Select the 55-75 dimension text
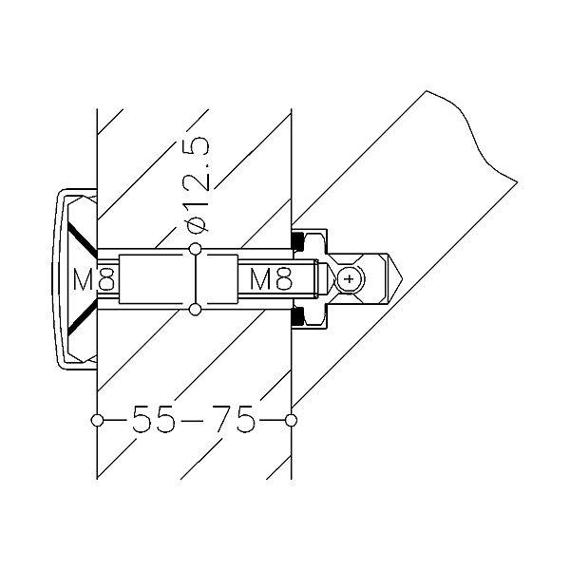tap(194, 419)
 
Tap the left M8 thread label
tap(94, 279)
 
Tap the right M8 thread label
tap(271, 279)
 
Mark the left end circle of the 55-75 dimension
tap(95, 419)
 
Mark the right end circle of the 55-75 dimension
tap(291, 419)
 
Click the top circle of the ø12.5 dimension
tap(195, 249)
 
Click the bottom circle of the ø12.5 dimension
tap(195, 310)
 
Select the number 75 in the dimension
tap(234, 419)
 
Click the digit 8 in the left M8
tap(105, 279)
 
